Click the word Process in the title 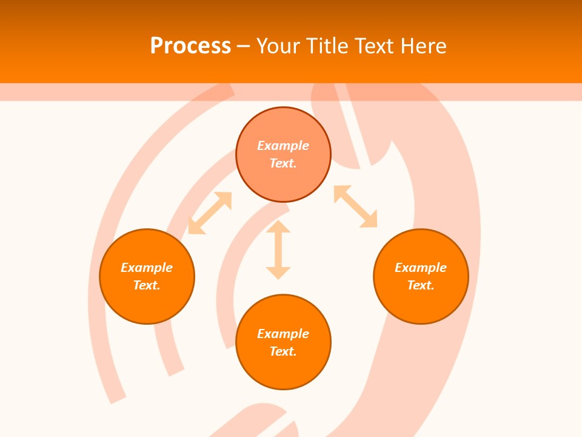pyautogui.click(x=190, y=46)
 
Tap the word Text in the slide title pyautogui.click(x=378, y=46)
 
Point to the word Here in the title pyautogui.click(x=424, y=46)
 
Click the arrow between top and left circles pyautogui.click(x=210, y=213)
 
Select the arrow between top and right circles pyautogui.click(x=355, y=206)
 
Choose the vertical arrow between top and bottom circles pyautogui.click(x=278, y=250)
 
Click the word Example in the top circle pyautogui.click(x=283, y=146)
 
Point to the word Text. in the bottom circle pyautogui.click(x=283, y=351)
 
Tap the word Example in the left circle pyautogui.click(x=147, y=268)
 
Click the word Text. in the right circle pyautogui.click(x=421, y=285)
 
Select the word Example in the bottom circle pyautogui.click(x=283, y=334)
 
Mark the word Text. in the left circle pyautogui.click(x=147, y=285)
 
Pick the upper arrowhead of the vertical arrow pyautogui.click(x=278, y=227)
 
